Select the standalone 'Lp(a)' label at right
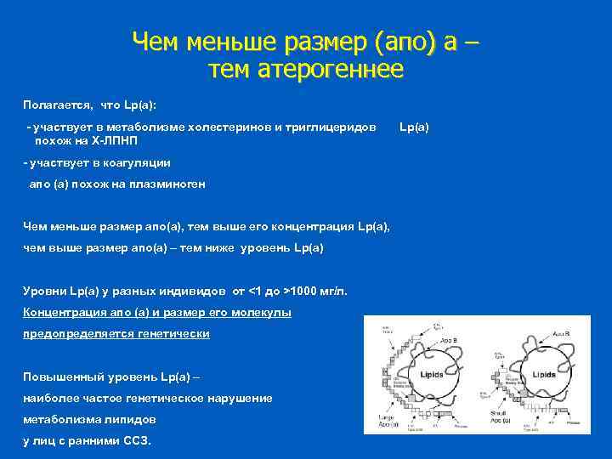tap(414, 127)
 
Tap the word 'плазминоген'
tap(169, 184)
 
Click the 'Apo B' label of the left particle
tap(447, 338)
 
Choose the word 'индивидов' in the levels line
tap(197, 292)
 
